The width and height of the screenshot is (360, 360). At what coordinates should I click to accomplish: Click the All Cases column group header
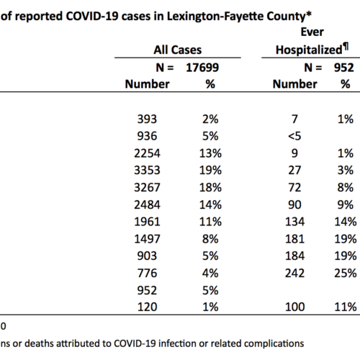point(178,50)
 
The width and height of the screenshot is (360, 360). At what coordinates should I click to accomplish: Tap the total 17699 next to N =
point(202,68)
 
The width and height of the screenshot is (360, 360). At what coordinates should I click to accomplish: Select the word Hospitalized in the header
point(309,50)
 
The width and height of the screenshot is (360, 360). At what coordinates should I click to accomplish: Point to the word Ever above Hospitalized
point(312,32)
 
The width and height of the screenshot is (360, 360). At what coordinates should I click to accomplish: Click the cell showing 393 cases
point(147,119)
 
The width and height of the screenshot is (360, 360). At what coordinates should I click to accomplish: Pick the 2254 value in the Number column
point(147,153)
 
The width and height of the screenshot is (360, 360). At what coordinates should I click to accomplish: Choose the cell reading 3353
point(147,171)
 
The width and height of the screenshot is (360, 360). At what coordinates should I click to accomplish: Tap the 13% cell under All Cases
point(210,153)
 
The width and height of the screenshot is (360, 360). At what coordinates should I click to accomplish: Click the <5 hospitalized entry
point(294,136)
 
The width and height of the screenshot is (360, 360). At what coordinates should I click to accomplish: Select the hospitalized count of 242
point(294,273)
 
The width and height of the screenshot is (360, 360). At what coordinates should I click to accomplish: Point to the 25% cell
point(346,273)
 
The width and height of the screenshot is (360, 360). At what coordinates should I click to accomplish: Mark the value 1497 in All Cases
point(147,239)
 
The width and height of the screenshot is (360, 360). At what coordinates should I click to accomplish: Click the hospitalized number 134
point(294,222)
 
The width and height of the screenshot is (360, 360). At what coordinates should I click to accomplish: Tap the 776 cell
point(147,273)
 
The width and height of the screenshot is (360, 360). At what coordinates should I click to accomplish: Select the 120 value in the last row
point(147,307)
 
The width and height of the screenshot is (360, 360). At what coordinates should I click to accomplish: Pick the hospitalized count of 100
point(294,307)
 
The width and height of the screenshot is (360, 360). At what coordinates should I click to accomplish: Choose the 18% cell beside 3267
point(210,187)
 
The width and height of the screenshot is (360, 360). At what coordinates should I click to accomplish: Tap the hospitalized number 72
point(294,187)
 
